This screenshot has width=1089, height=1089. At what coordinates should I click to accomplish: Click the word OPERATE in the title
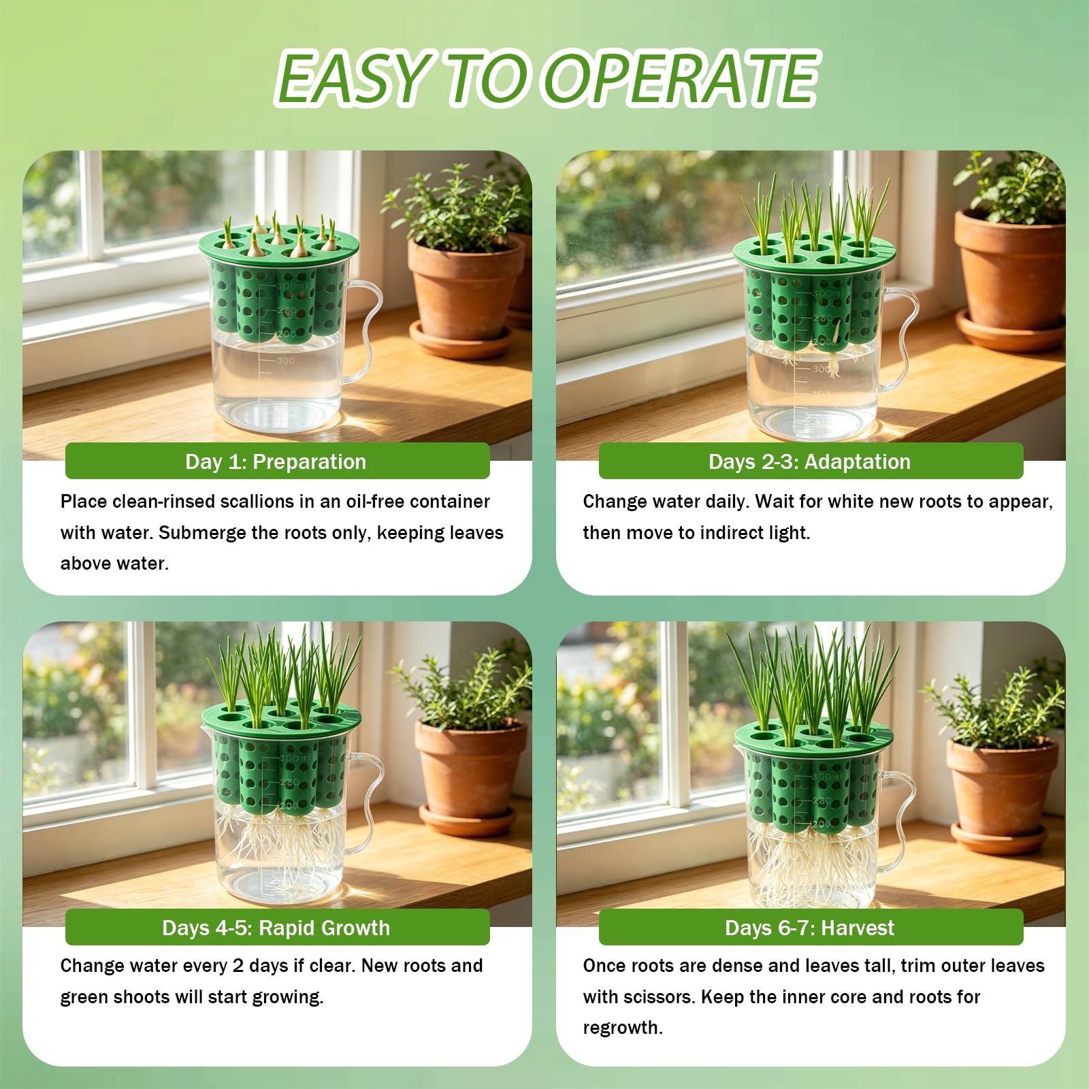coord(681,78)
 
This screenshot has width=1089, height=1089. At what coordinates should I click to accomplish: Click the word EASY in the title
coord(353,78)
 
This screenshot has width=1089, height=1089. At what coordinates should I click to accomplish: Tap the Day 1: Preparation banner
coord(277,461)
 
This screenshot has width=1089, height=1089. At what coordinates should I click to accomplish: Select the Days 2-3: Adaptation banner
coord(811,461)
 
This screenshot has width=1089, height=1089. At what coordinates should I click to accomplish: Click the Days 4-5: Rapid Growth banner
coord(277,928)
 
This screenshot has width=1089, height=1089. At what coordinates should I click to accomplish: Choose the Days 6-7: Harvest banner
coord(811,928)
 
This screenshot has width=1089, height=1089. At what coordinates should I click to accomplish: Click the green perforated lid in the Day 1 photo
coord(279,245)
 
